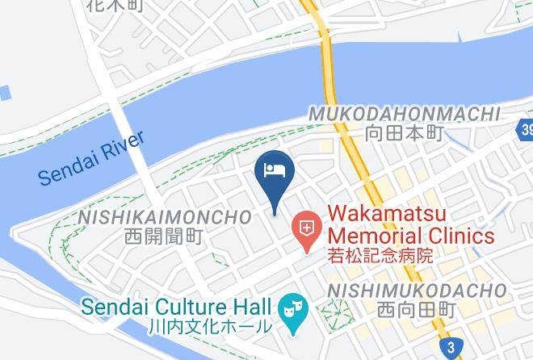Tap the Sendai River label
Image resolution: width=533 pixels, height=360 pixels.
point(91,157)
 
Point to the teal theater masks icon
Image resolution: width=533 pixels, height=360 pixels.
point(291,308)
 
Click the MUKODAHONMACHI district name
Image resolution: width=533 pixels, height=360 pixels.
point(403,115)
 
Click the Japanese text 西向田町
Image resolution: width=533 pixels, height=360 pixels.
point(416,310)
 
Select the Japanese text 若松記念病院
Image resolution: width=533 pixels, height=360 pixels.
point(380,257)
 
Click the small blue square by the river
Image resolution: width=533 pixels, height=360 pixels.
point(4,93)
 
